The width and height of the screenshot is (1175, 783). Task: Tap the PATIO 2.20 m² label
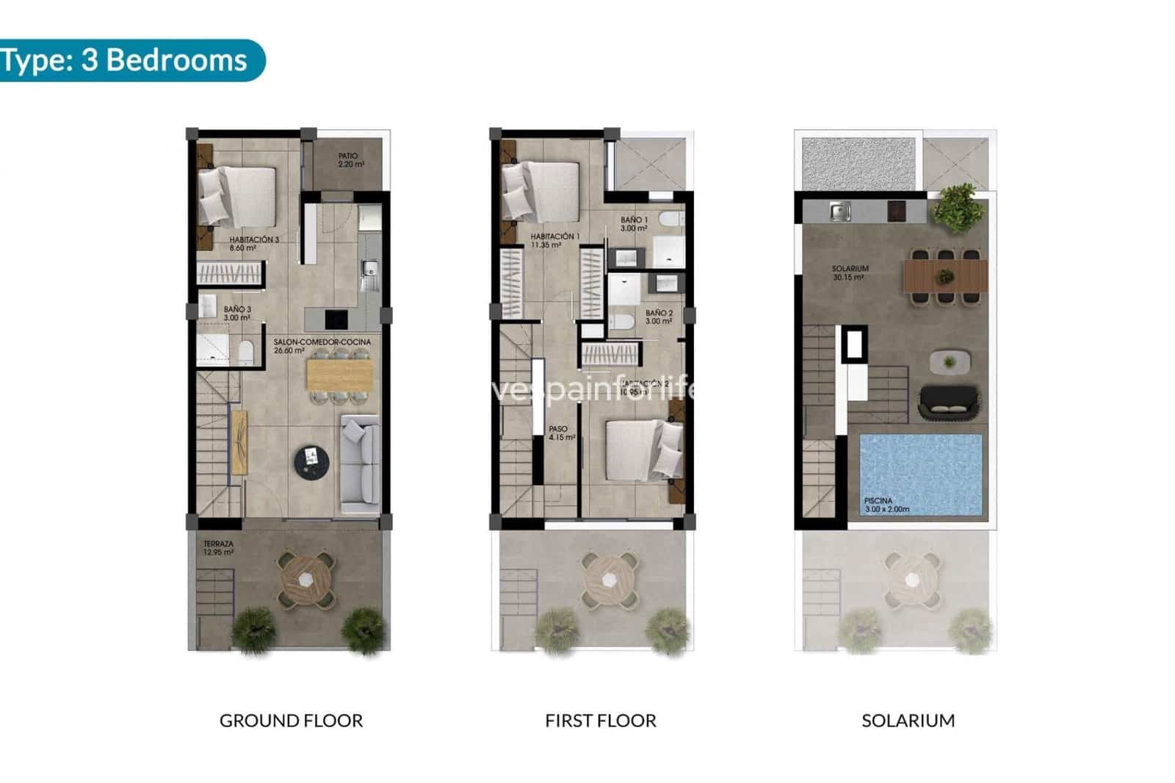[350, 160]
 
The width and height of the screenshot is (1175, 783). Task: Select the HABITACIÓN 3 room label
[253, 244]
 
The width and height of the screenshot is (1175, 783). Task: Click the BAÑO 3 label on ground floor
[237, 314]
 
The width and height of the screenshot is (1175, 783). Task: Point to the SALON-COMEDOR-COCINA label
[322, 346]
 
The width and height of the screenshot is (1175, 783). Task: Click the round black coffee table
[312, 462]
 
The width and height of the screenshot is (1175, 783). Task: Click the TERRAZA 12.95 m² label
[218, 548]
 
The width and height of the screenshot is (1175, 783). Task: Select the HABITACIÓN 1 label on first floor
[554, 240]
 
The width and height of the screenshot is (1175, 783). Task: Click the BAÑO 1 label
[634, 223]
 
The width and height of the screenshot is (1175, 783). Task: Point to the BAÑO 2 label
[659, 317]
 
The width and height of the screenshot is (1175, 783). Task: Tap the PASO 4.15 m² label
[560, 433]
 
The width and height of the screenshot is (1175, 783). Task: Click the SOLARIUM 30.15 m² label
[850, 273]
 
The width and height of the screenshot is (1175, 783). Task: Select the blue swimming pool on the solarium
[921, 474]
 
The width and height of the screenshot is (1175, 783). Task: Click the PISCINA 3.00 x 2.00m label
[886, 505]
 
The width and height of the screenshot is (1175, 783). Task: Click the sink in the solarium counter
[839, 212]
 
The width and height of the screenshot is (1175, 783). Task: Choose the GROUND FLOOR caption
[291, 721]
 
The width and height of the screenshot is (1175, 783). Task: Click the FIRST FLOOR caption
[600, 721]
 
